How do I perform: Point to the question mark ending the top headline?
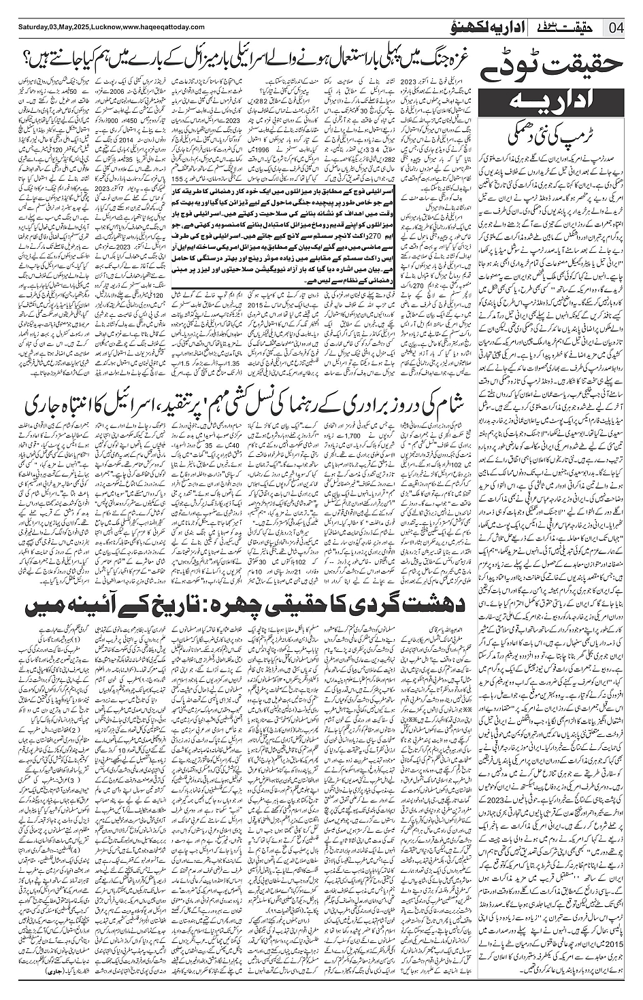tap(29, 54)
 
